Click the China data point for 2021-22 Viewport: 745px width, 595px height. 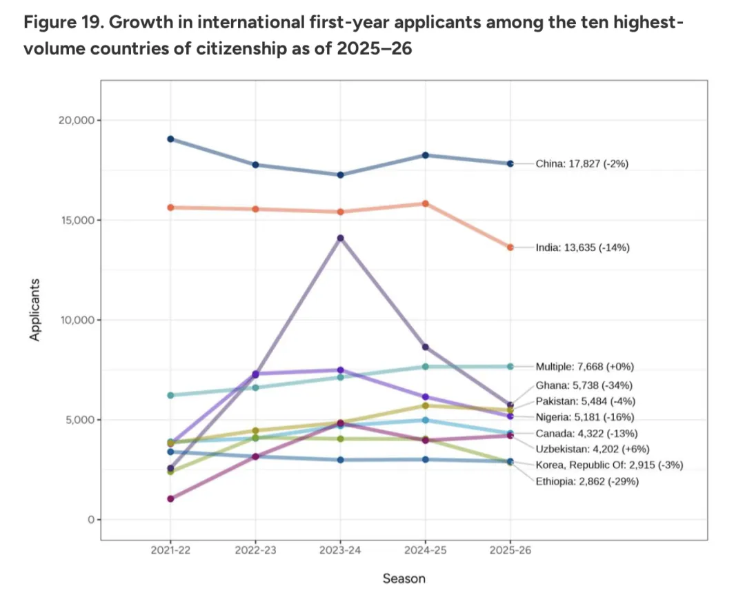click(x=170, y=139)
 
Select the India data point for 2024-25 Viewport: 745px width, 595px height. click(x=425, y=203)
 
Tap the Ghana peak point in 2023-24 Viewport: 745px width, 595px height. click(x=340, y=238)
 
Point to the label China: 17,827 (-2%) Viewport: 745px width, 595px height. click(x=582, y=164)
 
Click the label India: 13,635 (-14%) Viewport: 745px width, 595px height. click(x=583, y=248)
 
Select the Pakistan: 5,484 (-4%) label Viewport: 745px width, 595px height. click(x=586, y=401)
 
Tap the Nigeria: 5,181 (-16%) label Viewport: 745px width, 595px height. click(x=585, y=417)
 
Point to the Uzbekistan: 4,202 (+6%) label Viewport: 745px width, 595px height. click(x=590, y=449)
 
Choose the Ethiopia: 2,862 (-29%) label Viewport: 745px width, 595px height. click(x=587, y=481)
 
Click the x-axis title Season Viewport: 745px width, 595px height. click(x=404, y=578)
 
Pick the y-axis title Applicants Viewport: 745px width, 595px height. click(x=35, y=310)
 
